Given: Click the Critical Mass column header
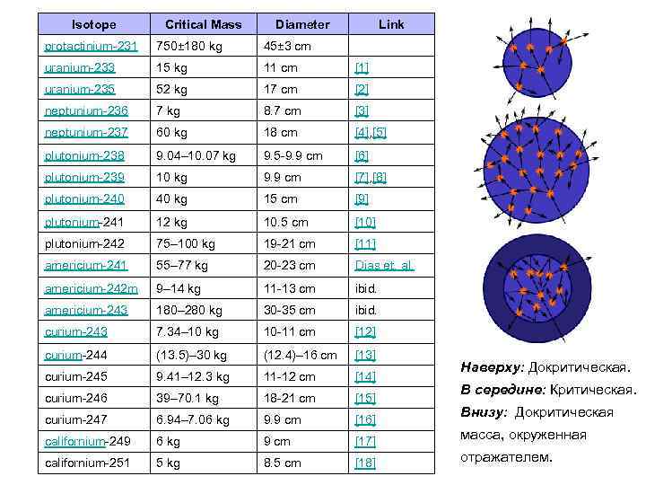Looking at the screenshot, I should [x=203, y=24].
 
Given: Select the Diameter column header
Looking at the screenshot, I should [x=302, y=24].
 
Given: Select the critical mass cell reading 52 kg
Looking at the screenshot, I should [x=173, y=90].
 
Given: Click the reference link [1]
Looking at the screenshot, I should [x=362, y=68].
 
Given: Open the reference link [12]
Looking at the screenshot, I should [x=364, y=332].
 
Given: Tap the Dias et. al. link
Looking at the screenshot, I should [x=384, y=266].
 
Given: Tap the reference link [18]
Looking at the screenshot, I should [x=364, y=463].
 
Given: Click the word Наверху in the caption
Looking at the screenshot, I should [x=492, y=368].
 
